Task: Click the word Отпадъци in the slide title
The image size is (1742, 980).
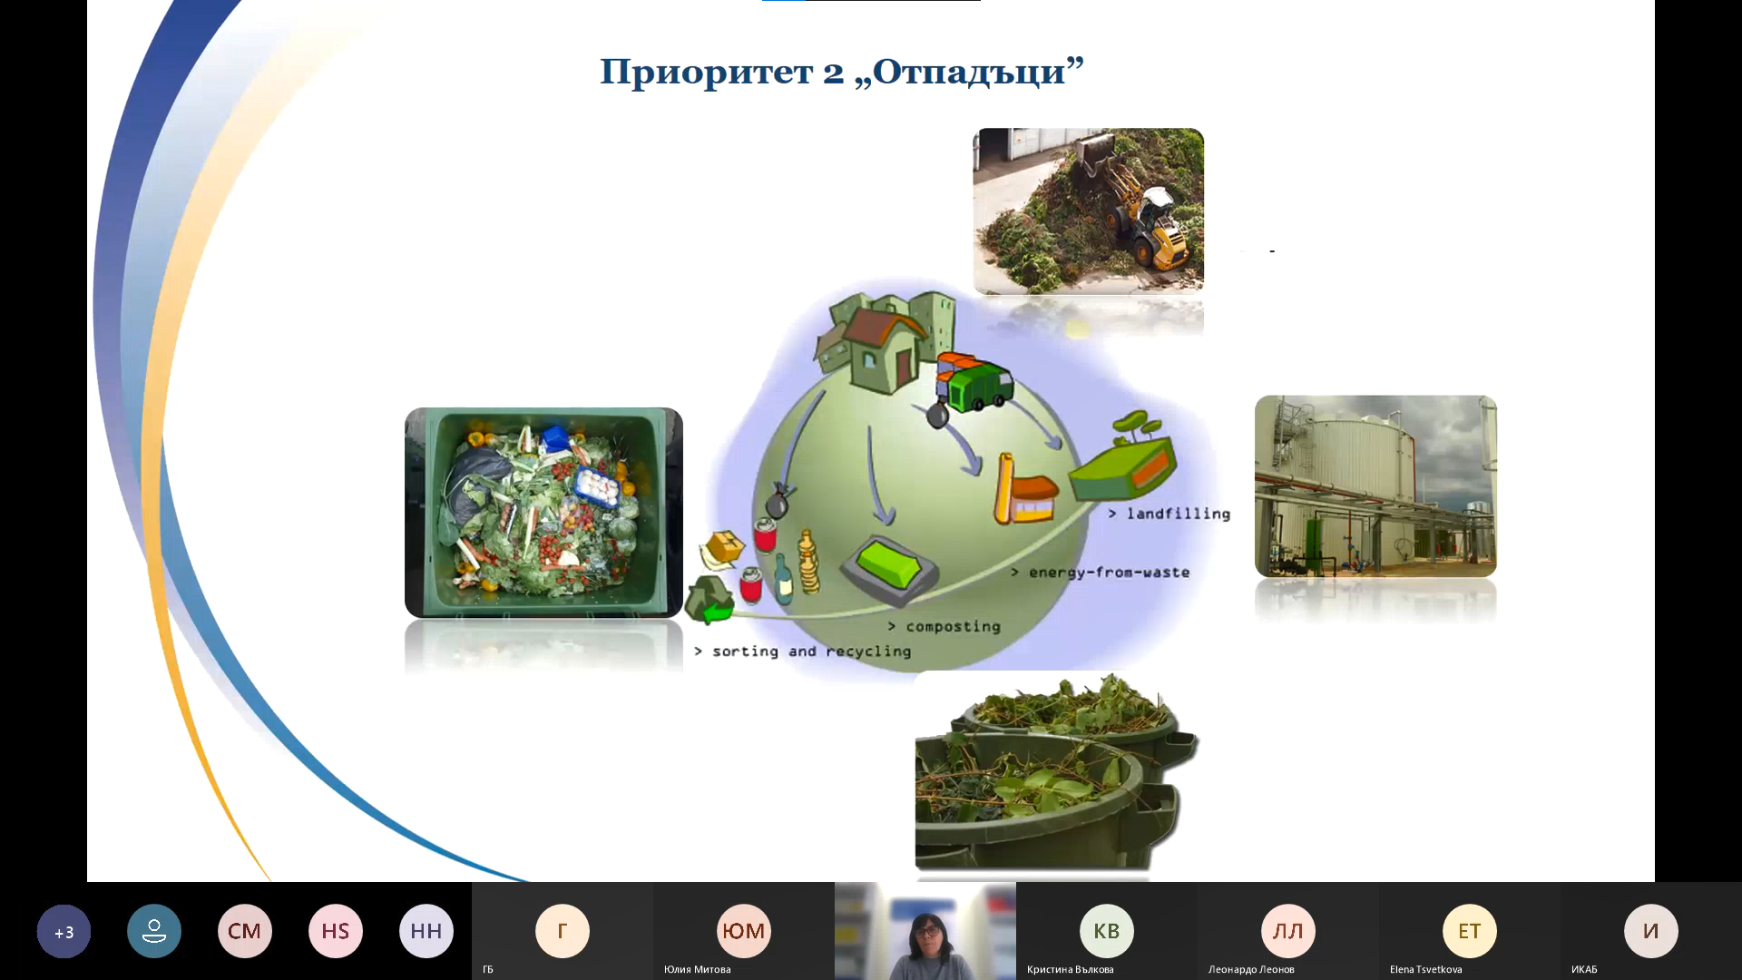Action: coord(969,72)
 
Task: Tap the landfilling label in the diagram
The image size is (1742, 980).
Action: coord(1169,514)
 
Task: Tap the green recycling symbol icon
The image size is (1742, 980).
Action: coord(710,599)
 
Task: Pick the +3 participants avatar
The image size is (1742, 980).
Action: coord(64,931)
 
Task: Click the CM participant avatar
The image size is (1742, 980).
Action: coord(245,931)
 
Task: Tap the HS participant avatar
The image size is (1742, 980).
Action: coord(336,931)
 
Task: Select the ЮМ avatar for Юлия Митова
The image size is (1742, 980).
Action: coord(744,931)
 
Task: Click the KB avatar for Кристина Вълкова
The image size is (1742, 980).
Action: coord(1107,931)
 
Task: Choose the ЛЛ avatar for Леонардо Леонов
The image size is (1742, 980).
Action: coord(1288,931)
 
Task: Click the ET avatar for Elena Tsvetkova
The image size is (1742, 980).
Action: coord(1470,931)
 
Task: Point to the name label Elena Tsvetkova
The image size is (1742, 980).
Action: coord(1425,969)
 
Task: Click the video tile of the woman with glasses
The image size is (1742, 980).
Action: coord(925,931)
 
